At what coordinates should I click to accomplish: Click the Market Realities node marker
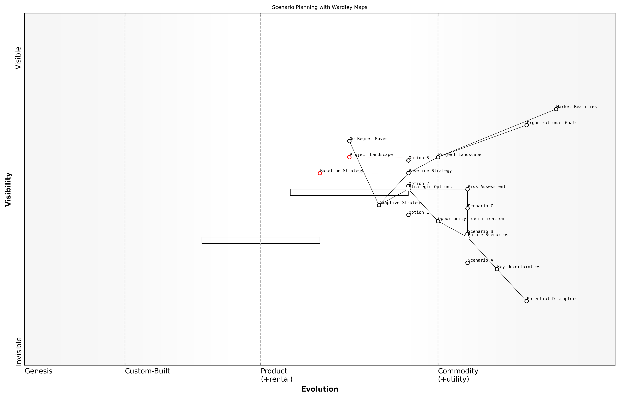point(556,109)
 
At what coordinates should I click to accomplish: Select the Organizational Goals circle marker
point(527,125)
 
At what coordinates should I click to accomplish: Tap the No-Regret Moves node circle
point(349,141)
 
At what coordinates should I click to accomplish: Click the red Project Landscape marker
point(349,157)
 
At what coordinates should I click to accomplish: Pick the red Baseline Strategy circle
point(320,173)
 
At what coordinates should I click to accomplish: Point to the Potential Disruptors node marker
point(527,301)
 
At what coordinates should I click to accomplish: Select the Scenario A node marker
point(467,263)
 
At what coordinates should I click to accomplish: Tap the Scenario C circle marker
point(467,208)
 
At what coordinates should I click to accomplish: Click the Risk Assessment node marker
point(467,189)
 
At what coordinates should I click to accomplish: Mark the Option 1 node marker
point(408,215)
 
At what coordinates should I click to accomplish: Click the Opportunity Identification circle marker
point(438,221)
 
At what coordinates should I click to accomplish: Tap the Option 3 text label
point(419,158)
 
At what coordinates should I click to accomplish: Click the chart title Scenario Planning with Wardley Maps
point(319,7)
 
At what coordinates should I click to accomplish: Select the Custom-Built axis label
point(147,371)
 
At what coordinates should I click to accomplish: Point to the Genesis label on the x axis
point(38,371)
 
